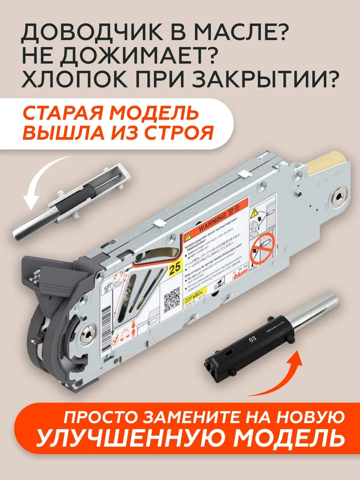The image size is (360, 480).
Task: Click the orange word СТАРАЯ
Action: [70, 114]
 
